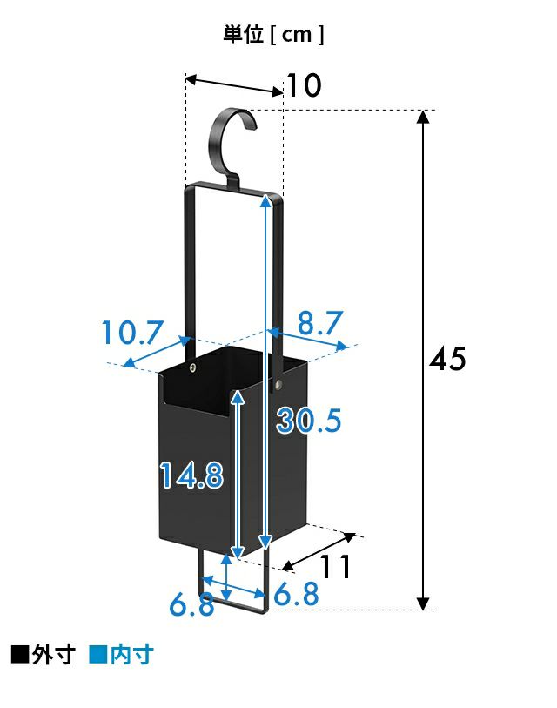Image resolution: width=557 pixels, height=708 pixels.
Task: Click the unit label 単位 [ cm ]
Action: (x=273, y=34)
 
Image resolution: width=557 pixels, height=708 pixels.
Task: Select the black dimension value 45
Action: (x=446, y=360)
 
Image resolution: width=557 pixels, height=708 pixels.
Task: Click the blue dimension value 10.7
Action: (x=131, y=333)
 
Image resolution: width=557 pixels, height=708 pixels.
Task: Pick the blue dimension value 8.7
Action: (x=320, y=322)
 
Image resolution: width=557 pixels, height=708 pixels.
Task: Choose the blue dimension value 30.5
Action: (x=309, y=421)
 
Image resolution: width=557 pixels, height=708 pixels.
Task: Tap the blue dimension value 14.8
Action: (x=191, y=475)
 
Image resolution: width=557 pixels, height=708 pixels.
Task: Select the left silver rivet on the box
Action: (x=193, y=368)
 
